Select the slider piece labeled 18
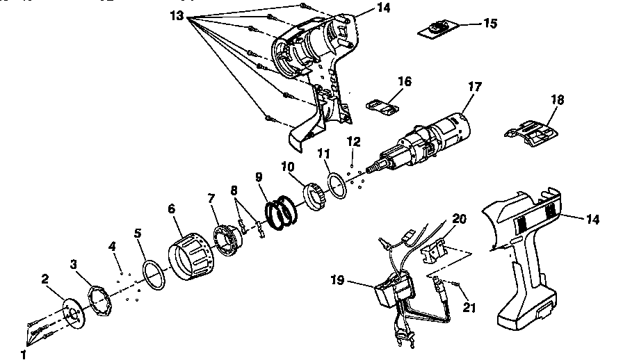(x=528, y=131)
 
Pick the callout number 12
(x=354, y=142)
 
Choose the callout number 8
(x=234, y=189)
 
